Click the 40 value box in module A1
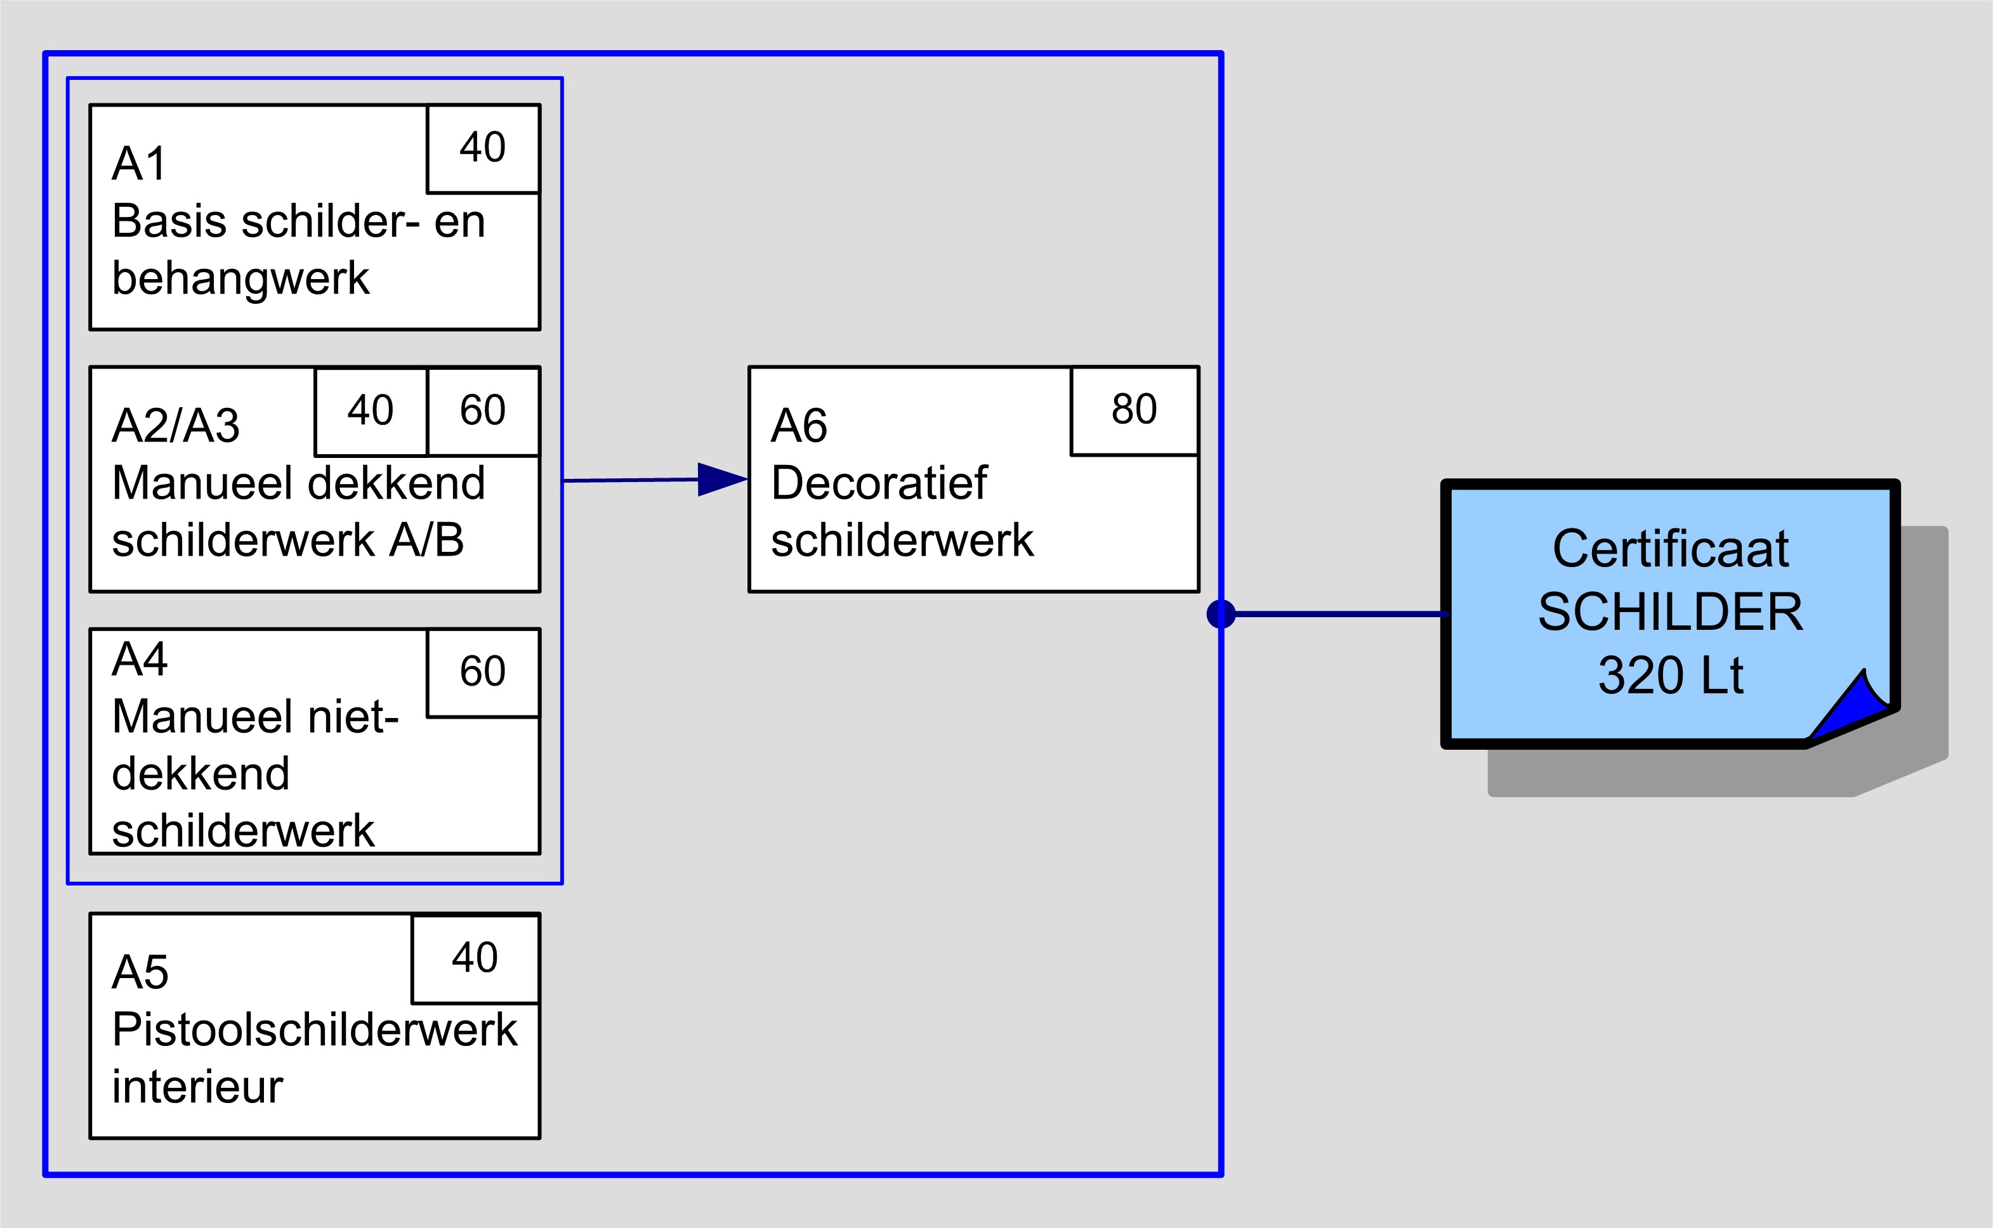pyautogui.click(x=483, y=148)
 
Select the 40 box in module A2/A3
pyautogui.click(x=371, y=410)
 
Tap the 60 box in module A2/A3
pyautogui.click(x=483, y=410)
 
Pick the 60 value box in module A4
pyautogui.click(x=483, y=672)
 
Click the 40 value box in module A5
pyautogui.click(x=475, y=958)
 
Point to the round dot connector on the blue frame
pyautogui.click(x=1221, y=613)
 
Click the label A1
pyautogui.click(x=139, y=164)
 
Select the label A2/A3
pyautogui.click(x=176, y=426)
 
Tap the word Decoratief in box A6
pyautogui.click(x=878, y=483)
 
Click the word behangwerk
pyautogui.click(x=240, y=278)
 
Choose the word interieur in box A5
pyautogui.click(x=197, y=1087)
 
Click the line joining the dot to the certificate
pyautogui.click(x=1341, y=613)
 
